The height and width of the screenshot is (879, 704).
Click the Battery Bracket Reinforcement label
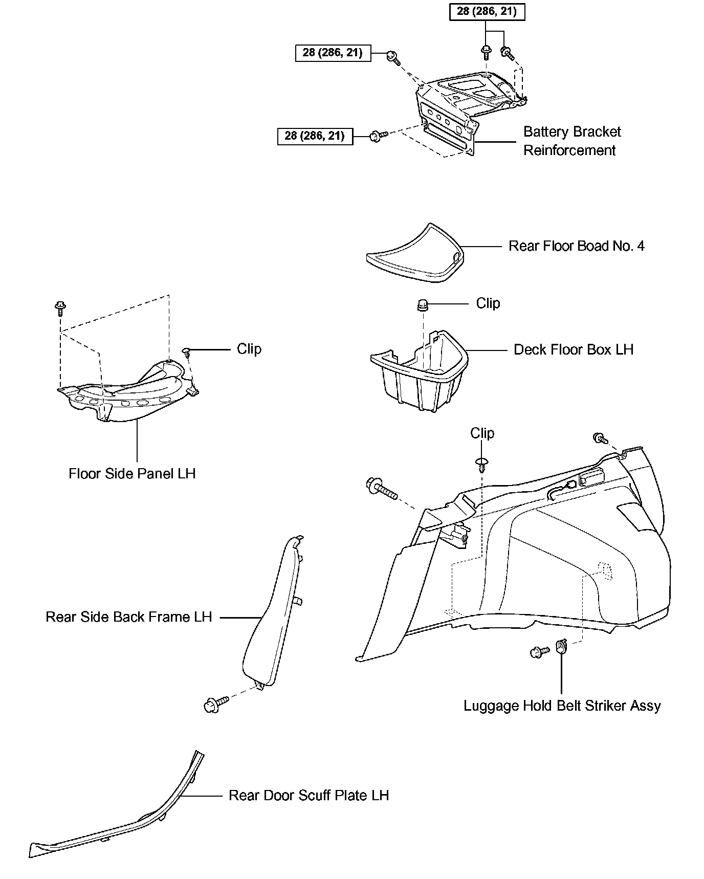coord(571,141)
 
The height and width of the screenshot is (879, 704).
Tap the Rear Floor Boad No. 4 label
coord(576,246)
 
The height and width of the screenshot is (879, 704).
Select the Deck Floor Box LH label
coord(573,350)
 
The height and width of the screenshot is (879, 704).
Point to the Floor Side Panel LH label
coord(132,474)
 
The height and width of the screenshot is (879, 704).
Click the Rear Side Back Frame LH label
coord(129,617)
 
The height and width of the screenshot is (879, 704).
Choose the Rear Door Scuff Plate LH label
coord(309,796)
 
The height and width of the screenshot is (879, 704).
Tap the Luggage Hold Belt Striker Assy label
coord(562,706)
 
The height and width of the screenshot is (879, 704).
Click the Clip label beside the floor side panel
coord(249,349)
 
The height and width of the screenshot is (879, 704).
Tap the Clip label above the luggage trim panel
coord(482,433)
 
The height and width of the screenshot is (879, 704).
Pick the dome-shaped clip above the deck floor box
coord(423,305)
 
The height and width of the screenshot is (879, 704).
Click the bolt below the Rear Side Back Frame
coord(214,705)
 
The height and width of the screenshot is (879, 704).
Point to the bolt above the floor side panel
coord(60,308)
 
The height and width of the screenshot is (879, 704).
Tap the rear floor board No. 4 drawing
coord(414,253)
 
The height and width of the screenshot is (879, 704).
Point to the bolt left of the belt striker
coord(539,652)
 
